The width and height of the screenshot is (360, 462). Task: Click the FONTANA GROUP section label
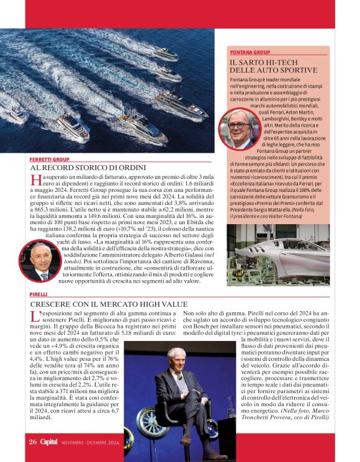click(250, 53)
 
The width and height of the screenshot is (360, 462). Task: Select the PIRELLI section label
click(38, 294)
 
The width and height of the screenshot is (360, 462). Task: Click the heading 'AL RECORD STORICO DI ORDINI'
click(88, 168)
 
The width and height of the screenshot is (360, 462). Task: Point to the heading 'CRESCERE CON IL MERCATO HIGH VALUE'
click(109, 304)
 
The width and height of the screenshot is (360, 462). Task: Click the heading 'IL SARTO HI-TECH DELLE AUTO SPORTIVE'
click(277, 66)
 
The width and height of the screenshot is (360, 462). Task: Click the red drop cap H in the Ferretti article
click(35, 181)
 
